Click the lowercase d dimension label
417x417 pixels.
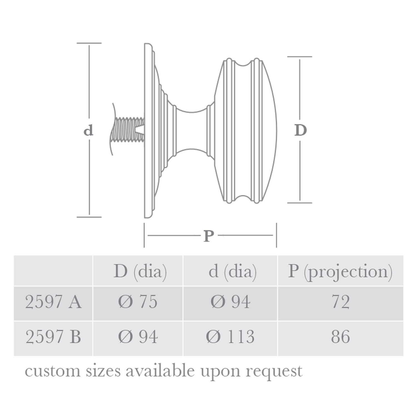pyautogui.click(x=88, y=130)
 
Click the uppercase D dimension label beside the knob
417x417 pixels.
pyautogui.click(x=300, y=130)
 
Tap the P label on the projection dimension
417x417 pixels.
pyautogui.click(x=209, y=236)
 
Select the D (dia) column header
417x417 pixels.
pyautogui.click(x=140, y=271)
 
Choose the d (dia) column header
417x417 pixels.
pyautogui.click(x=232, y=271)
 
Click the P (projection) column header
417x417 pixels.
pyautogui.click(x=340, y=271)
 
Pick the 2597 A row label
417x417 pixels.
pyautogui.click(x=53, y=302)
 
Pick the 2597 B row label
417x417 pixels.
pyautogui.click(x=53, y=337)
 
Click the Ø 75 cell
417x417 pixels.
pyautogui.click(x=138, y=302)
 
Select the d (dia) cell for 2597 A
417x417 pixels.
pyautogui.click(x=230, y=302)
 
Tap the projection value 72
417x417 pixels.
pyautogui.click(x=340, y=302)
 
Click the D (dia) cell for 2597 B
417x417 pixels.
pyautogui.click(x=138, y=337)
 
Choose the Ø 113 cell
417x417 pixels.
pyautogui.click(x=230, y=337)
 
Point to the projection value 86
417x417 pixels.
pyautogui.click(x=340, y=337)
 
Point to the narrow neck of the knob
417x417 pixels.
pyautogui.click(x=192, y=130)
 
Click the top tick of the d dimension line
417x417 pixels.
pyautogui.click(x=89, y=43)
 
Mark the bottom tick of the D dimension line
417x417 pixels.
pyautogui.click(x=300, y=203)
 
